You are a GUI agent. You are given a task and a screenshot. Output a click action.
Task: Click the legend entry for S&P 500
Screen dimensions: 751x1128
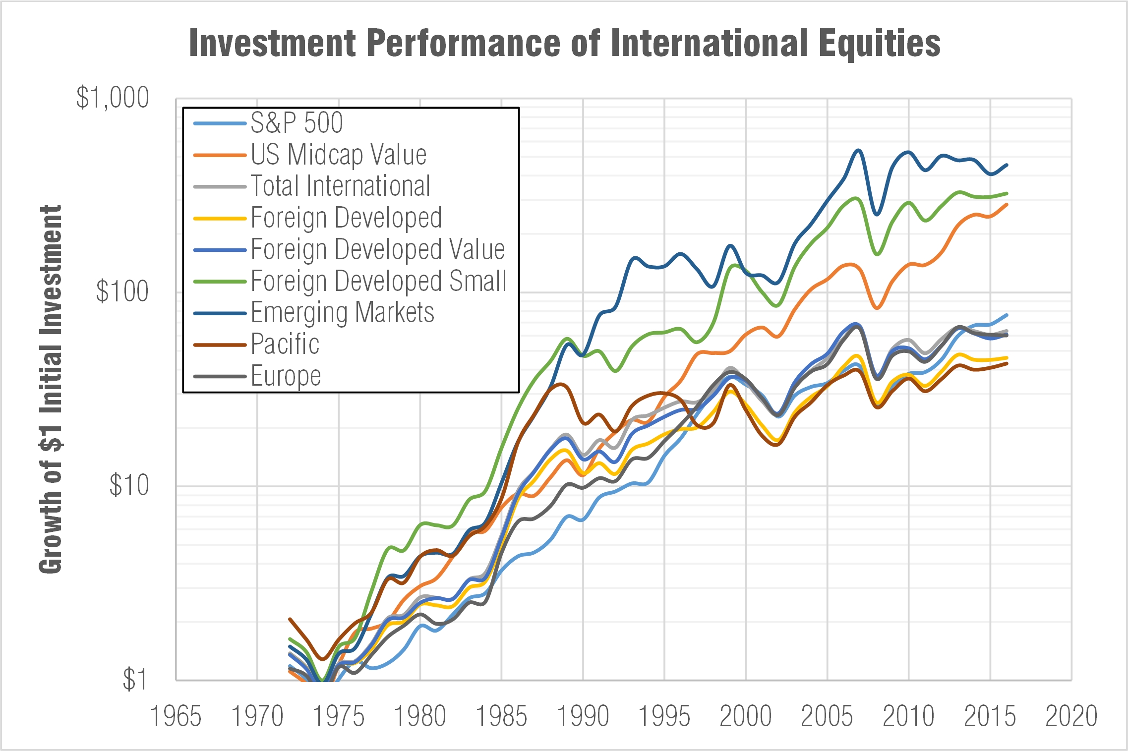click(x=296, y=123)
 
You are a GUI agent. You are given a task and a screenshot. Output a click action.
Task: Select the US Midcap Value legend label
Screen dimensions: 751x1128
click(x=338, y=155)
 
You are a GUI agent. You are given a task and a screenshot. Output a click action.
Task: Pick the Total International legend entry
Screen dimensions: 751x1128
click(x=340, y=186)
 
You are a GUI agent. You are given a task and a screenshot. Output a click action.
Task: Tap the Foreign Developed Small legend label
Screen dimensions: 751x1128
click(x=378, y=281)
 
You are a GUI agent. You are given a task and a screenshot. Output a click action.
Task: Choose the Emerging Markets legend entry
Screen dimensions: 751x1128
click(x=342, y=313)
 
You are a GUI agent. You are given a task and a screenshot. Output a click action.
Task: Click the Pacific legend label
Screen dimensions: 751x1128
click(x=285, y=344)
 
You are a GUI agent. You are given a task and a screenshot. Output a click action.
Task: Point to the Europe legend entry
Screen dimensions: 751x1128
click(x=286, y=376)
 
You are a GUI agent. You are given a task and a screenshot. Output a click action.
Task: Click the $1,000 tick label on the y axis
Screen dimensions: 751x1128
click(x=113, y=97)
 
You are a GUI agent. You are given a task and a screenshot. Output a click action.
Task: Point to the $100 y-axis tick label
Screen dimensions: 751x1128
click(x=122, y=291)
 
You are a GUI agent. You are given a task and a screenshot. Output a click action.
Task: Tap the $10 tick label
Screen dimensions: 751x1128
click(x=129, y=485)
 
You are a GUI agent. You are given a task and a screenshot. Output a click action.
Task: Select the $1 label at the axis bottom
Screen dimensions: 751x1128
click(x=135, y=679)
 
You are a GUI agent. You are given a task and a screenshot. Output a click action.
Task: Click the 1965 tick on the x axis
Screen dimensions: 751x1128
click(x=176, y=716)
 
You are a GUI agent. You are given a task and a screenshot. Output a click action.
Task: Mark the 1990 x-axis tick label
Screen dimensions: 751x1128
click(x=583, y=716)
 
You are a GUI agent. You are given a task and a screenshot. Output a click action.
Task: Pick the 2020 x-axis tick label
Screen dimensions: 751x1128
click(x=1071, y=716)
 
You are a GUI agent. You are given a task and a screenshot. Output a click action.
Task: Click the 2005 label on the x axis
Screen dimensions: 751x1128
click(x=827, y=716)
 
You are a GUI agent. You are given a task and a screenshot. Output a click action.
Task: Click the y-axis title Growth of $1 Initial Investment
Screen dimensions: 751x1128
click(x=50, y=389)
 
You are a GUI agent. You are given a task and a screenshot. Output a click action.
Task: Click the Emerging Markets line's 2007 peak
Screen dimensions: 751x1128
click(x=858, y=150)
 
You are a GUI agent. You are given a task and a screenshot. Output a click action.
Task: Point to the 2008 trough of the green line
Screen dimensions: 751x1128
click(x=877, y=254)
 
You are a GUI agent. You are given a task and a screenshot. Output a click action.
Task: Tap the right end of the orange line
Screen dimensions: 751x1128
click(x=1007, y=204)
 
